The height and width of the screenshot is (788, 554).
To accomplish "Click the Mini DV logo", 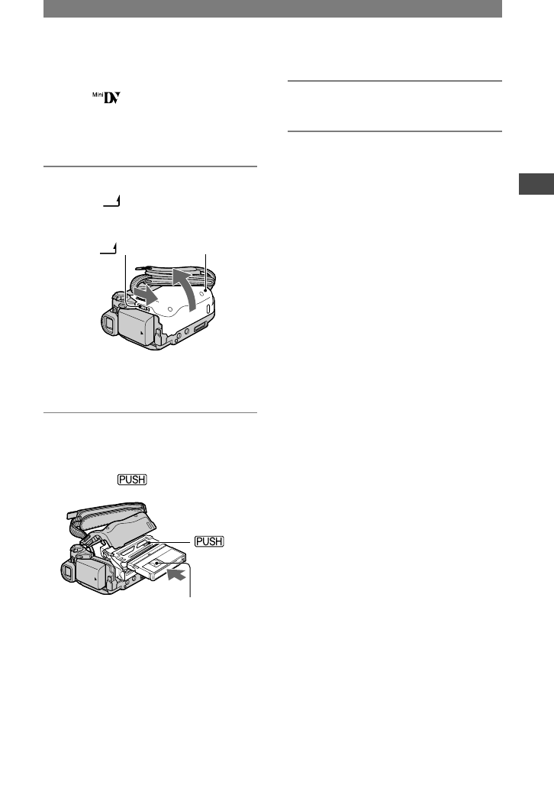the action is coord(107,98).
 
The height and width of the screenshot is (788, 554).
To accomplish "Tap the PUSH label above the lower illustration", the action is coord(132,480).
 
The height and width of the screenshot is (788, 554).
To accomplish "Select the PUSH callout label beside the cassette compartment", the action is coord(209,541).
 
